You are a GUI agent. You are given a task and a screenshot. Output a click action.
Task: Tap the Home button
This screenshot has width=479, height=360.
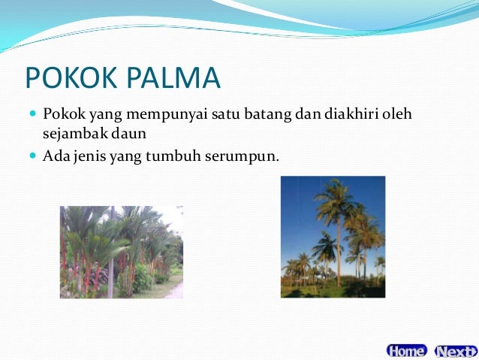click(x=406, y=350)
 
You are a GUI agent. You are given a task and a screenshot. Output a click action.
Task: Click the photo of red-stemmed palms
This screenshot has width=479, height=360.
click(x=121, y=252)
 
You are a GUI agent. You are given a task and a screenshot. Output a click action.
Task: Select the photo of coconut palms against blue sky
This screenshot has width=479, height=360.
click(x=333, y=237)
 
